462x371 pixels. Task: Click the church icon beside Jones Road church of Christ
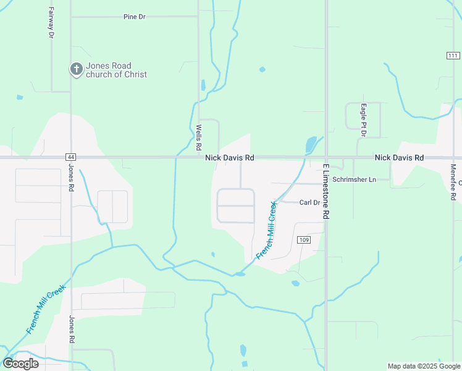[76, 69]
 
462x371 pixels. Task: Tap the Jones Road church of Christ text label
[117, 70]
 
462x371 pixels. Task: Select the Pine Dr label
[134, 17]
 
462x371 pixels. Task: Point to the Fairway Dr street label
[51, 23]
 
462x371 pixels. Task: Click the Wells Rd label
[199, 137]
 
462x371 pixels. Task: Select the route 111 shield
[453, 56]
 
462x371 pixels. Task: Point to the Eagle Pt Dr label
[364, 116]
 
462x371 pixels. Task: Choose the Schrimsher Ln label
[354, 179]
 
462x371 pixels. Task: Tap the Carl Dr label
[309, 202]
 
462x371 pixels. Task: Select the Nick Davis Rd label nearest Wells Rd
[230, 158]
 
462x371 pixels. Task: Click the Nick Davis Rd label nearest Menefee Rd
[399, 158]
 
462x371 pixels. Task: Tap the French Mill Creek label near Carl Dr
[267, 229]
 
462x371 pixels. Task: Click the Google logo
[20, 364]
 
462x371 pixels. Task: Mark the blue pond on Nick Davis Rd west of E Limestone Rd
[311, 146]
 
